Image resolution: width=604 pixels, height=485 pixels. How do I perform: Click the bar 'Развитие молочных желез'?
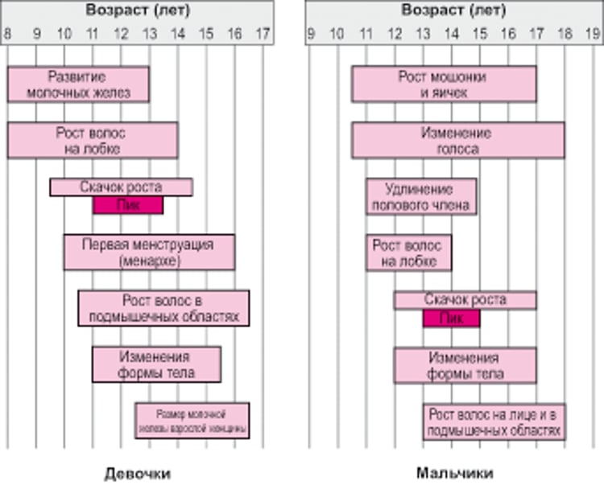tap(78, 84)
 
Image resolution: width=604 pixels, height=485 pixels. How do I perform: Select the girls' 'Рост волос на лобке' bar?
tap(92, 140)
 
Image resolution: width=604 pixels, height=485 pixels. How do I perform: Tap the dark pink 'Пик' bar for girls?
tap(128, 205)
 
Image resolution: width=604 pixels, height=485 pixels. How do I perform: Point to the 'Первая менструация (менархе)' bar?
tap(149, 252)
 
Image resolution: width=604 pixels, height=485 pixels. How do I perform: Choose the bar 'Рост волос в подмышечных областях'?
tap(163, 308)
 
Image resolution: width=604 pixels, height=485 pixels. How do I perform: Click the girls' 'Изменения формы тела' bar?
tap(156, 364)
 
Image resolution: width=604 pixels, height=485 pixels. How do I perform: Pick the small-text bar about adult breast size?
tap(192, 421)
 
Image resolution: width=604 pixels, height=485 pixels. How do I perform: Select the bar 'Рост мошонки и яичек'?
tap(443, 84)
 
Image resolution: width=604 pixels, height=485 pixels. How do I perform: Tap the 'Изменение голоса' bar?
tap(457, 140)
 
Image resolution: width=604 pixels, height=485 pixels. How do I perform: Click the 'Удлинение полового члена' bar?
tap(420, 196)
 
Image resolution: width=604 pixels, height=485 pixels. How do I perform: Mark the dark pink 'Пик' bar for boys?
tap(451, 318)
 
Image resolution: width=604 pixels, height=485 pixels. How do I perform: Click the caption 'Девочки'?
tap(138, 472)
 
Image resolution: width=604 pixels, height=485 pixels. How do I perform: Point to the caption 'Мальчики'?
tap(455, 472)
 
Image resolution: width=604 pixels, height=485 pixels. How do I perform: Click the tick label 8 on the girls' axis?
tap(7, 35)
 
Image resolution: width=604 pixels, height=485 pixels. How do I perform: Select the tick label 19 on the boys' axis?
tap(593, 35)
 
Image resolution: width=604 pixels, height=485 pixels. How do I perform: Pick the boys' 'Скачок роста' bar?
tap(465, 300)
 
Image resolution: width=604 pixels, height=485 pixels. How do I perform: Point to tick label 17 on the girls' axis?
tap(263, 35)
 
